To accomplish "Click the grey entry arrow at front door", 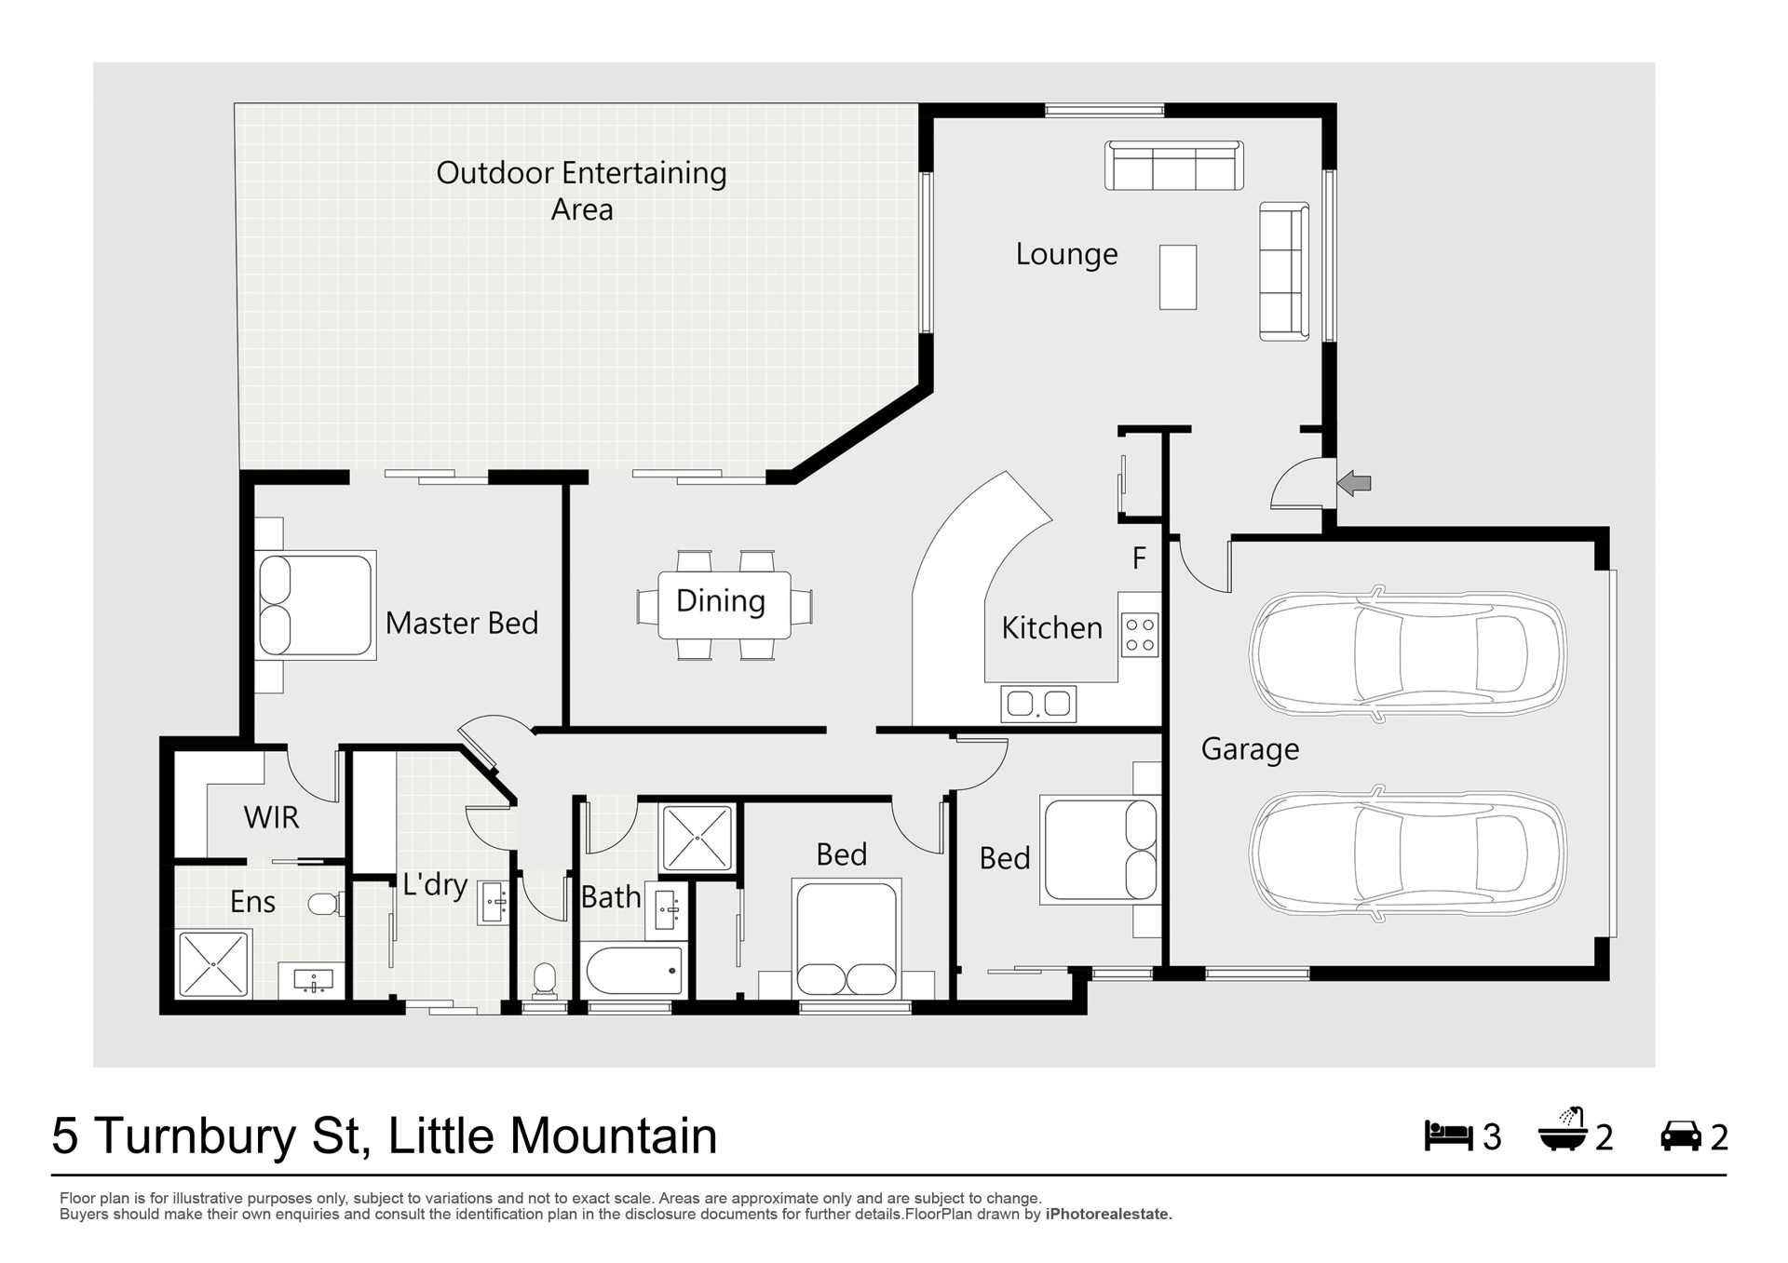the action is pos(1354,483).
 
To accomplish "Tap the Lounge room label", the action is pos(1066,254).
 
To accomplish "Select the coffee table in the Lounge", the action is pos(1178,276).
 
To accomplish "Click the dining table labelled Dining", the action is pos(725,605).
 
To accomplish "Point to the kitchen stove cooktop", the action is pos(1140,636).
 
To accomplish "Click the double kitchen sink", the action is pos(1038,704).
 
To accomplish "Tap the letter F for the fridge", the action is pos(1139,558).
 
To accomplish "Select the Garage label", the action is pos(1250,749).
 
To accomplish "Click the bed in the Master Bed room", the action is pos(316,605).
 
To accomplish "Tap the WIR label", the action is pos(271,817).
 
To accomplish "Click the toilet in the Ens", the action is pos(326,904).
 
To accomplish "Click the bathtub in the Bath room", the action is pos(634,971).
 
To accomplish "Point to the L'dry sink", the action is pos(494,902).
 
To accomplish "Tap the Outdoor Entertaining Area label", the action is pos(582,191).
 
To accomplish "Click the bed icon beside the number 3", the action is pos(1448,1135).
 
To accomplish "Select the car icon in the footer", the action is pos(1681,1136).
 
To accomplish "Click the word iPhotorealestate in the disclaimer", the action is pos(1108,1215).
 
